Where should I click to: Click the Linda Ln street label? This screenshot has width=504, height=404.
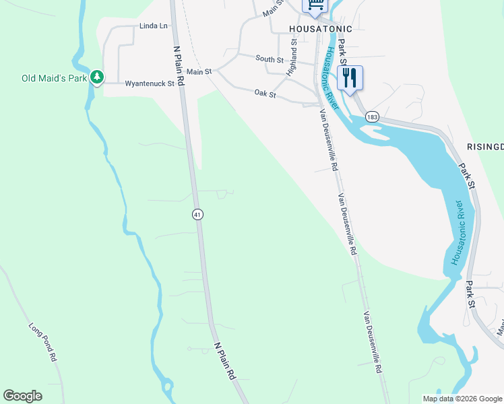[x=153, y=26]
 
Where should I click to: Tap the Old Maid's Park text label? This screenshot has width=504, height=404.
[x=55, y=78]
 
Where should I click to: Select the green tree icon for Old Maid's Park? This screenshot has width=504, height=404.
[x=98, y=78]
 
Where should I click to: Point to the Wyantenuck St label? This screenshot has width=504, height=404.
[x=150, y=84]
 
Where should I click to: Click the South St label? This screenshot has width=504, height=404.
[x=270, y=59]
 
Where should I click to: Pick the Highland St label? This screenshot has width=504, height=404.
[x=292, y=57]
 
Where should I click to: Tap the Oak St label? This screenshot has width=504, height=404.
[x=265, y=95]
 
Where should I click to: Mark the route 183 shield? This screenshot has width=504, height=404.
[x=373, y=117]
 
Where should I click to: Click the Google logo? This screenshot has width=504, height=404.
[x=22, y=396]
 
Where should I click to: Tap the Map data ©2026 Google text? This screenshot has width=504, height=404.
[x=462, y=399]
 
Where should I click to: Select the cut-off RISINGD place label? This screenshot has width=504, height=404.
[x=484, y=146]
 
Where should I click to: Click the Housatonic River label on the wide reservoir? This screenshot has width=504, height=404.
[x=459, y=232]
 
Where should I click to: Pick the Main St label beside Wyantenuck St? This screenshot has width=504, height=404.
[x=199, y=71]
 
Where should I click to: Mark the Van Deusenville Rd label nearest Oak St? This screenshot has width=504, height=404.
[x=328, y=135]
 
